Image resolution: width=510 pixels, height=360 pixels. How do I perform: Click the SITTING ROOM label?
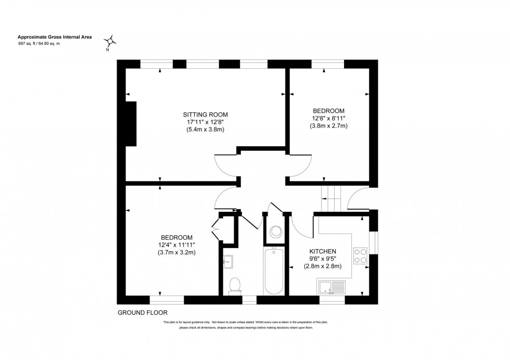coord(205,114)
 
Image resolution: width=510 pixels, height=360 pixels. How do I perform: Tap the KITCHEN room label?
coord(323,251)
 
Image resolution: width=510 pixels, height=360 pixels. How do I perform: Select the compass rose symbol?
coord(110,41)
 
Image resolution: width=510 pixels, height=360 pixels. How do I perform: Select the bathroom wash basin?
coord(227,261)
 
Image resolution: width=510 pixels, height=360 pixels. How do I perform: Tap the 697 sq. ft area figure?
coord(31,44)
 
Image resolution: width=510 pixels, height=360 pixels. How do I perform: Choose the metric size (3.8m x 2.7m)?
coord(328,126)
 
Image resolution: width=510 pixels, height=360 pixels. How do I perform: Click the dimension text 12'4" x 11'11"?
coord(180,245)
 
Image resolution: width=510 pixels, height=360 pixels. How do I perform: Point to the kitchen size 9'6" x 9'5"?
coord(323,259)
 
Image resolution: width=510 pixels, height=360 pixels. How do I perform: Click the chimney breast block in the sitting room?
coord(130,124)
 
